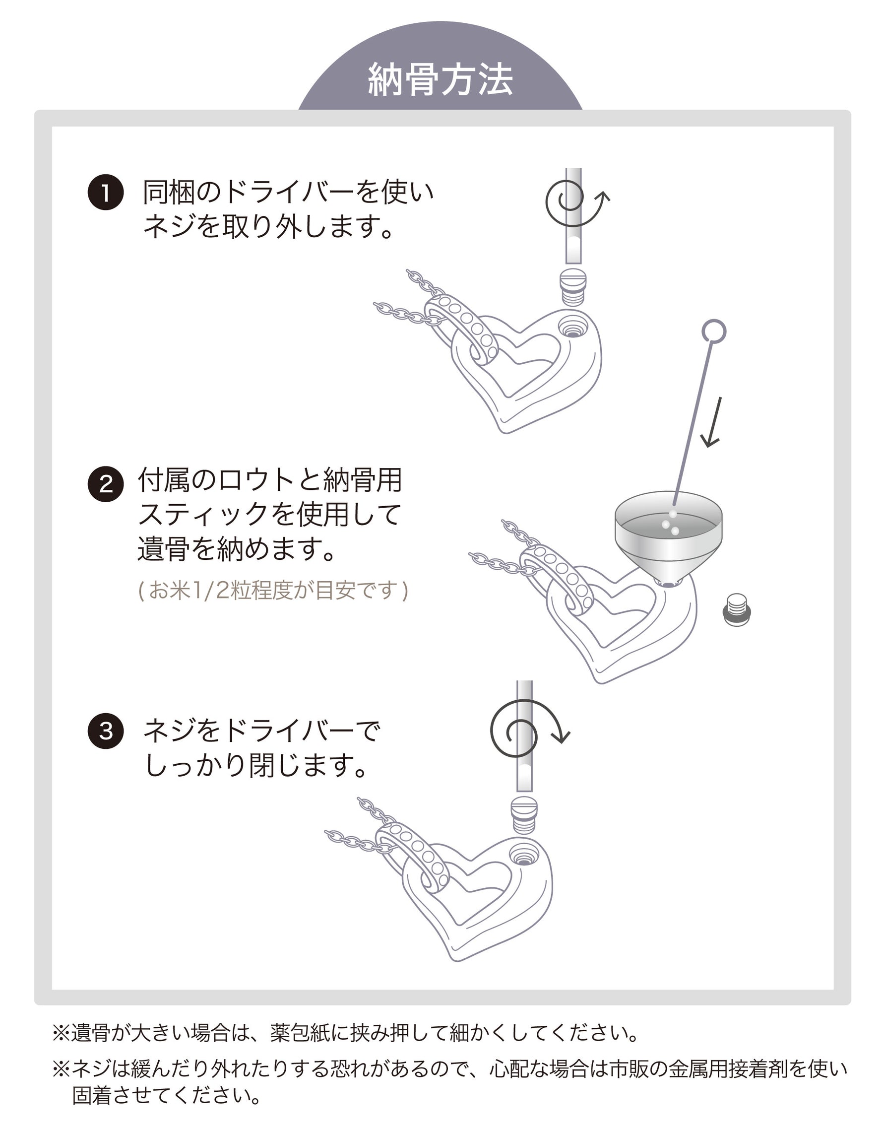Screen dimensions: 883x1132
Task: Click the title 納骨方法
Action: point(441,80)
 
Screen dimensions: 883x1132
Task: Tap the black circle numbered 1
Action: point(106,193)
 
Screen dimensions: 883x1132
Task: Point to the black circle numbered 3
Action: point(106,731)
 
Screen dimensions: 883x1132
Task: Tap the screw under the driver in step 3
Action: point(524,813)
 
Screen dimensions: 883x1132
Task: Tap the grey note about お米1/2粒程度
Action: point(274,591)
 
